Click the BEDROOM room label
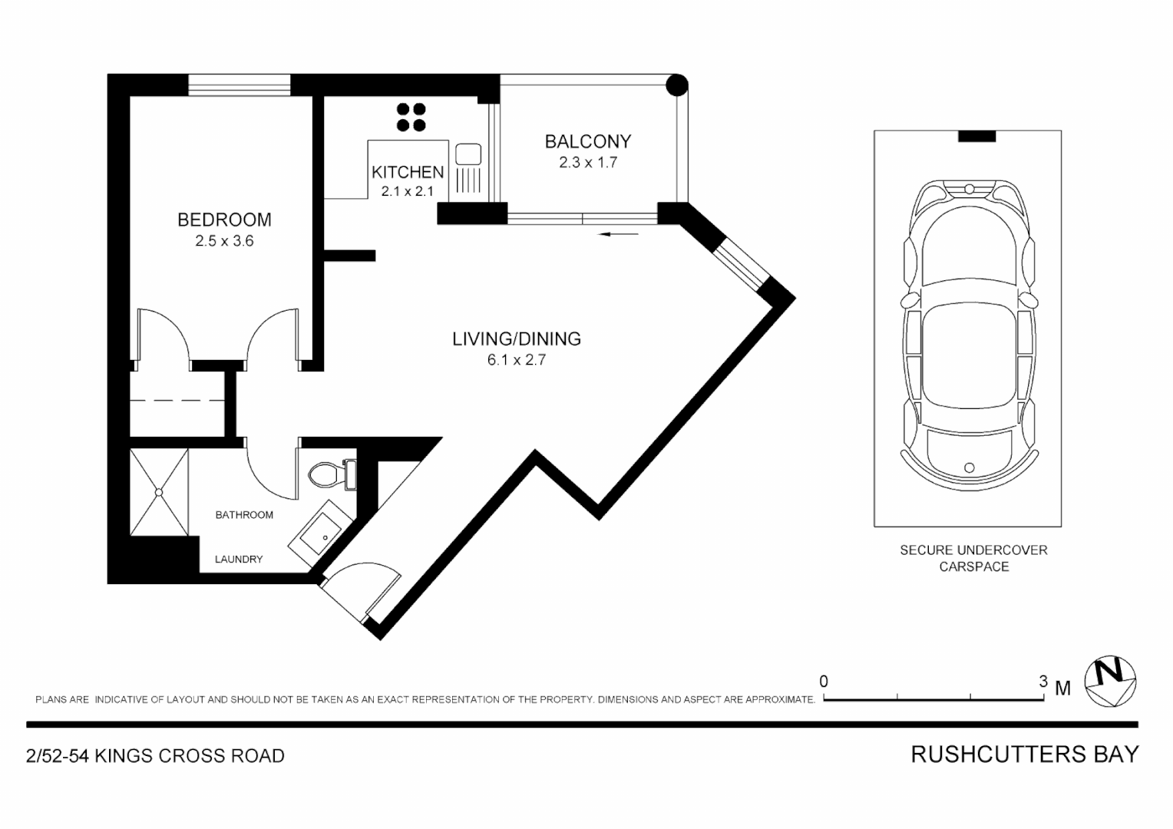[x=224, y=220]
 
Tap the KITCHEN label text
[x=408, y=172]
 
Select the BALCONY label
[x=587, y=141]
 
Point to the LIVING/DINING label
[x=516, y=339]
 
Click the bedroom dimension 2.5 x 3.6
[x=224, y=241]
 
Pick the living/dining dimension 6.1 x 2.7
[x=516, y=359]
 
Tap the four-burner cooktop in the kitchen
[x=411, y=117]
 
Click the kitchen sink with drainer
[x=468, y=167]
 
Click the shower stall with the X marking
[x=159, y=492]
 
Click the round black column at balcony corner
[x=676, y=84]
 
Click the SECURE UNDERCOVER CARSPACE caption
[x=973, y=558]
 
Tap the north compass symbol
[x=1109, y=681]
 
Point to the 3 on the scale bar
[x=1042, y=681]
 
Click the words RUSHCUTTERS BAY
[x=1024, y=755]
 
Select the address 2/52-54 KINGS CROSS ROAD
[x=155, y=756]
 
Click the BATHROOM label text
[x=244, y=514]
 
